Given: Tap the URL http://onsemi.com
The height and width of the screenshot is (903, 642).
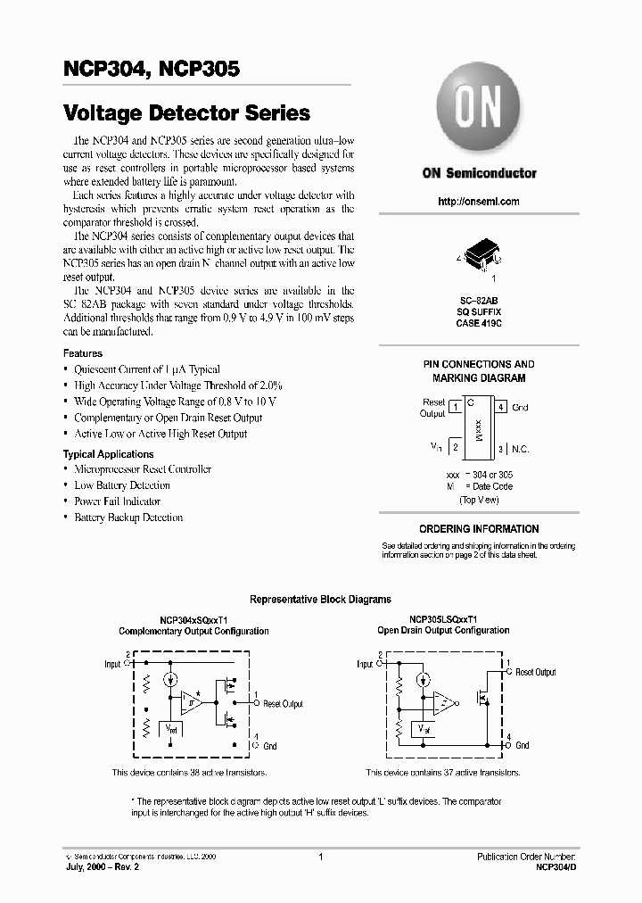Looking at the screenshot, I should click(479, 202).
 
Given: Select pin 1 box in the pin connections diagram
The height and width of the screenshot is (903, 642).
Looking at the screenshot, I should click(456, 408).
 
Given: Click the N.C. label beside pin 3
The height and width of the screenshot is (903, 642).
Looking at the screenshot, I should click(521, 448).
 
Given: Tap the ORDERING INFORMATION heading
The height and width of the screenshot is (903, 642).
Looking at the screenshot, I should click(479, 529).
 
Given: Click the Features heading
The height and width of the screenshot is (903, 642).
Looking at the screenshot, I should click(83, 353).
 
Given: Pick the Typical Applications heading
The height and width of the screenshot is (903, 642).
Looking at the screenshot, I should click(109, 454).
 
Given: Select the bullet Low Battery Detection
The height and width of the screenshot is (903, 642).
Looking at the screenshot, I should click(122, 485).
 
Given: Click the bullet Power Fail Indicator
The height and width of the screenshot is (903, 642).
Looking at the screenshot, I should click(117, 501).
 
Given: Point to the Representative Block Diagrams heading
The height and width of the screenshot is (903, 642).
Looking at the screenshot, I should click(320, 600).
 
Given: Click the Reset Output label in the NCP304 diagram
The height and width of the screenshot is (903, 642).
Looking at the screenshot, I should click(283, 704).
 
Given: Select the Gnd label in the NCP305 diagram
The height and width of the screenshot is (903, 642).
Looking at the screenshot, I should click(523, 745).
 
